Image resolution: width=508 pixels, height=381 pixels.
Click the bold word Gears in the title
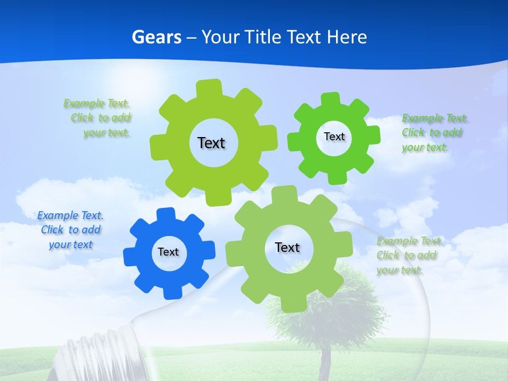(157, 37)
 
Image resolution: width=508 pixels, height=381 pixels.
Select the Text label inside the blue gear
(168, 252)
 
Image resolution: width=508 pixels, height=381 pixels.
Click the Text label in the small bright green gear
(334, 137)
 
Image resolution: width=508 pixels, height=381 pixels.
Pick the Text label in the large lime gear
(211, 143)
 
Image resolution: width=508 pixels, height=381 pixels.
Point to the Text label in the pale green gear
(287, 248)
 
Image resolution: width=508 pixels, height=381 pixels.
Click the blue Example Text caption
(70, 230)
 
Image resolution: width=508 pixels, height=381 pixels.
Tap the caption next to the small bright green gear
(431, 133)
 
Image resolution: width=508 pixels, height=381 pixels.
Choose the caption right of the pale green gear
(407, 256)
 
